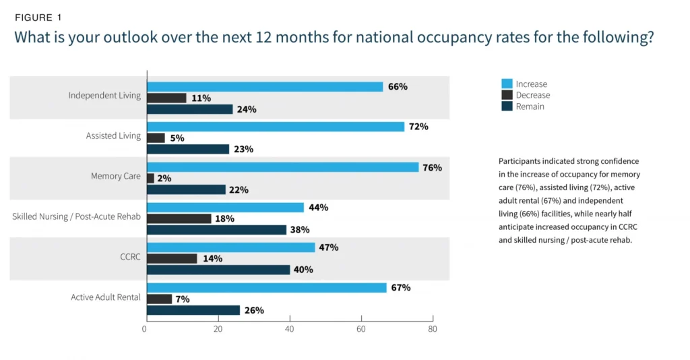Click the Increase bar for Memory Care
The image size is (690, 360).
[282, 167]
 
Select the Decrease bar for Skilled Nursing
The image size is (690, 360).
[179, 218]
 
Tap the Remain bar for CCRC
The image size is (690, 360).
[218, 270]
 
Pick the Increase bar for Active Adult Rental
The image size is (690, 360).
[266, 288]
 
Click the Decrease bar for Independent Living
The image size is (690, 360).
[166, 98]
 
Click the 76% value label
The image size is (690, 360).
[432, 167]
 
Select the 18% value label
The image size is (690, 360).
[224, 218]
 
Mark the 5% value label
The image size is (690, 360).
[177, 138]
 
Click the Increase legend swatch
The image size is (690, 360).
[507, 84]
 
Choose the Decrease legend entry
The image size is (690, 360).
[532, 95]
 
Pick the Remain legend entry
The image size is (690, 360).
[530, 107]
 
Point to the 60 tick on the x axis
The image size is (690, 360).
[361, 329]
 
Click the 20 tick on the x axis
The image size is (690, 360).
[218, 329]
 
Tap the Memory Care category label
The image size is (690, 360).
[116, 177]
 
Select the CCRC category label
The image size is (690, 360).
[130, 257]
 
